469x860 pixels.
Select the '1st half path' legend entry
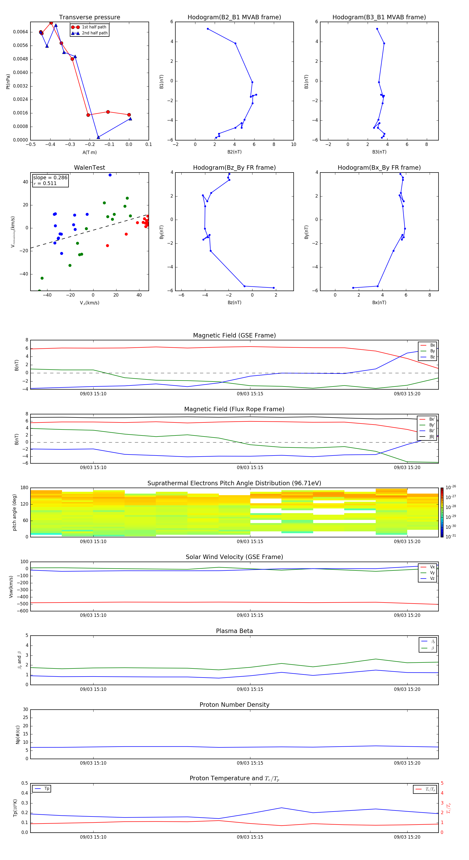click(x=94, y=27)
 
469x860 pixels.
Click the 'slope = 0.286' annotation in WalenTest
click(x=50, y=178)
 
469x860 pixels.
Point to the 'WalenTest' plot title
click(x=89, y=168)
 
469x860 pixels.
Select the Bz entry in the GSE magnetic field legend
click(x=432, y=357)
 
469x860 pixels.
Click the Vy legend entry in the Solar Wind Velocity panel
click(x=432, y=573)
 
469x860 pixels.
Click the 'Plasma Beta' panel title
click(x=234, y=631)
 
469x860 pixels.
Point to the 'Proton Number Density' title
click(x=234, y=705)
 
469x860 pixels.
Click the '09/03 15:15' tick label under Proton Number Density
click(x=250, y=763)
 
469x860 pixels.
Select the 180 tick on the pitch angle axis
click(x=24, y=488)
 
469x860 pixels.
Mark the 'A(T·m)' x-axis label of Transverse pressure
click(x=89, y=152)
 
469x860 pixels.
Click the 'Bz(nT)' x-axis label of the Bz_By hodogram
click(x=234, y=303)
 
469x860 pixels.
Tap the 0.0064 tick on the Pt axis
click(x=20, y=32)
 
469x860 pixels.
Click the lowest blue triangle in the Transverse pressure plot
click(x=98, y=137)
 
